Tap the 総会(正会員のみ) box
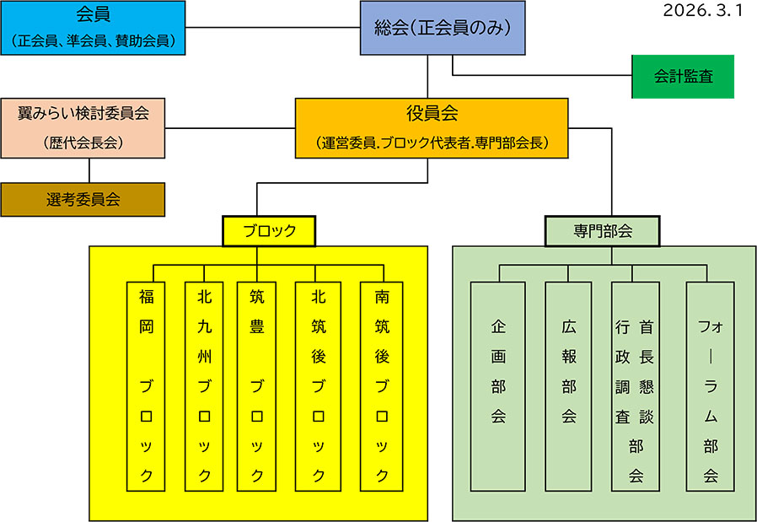pos(436,29)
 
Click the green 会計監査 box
pos(683,77)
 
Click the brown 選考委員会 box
pos(83,200)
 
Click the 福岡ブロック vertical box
pos(147,386)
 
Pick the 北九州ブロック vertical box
pos(204,386)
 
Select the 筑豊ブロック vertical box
pos(257,386)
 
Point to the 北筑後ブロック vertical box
pos(318,386)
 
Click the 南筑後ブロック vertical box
pos(381,386)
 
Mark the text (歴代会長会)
pos(83,143)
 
